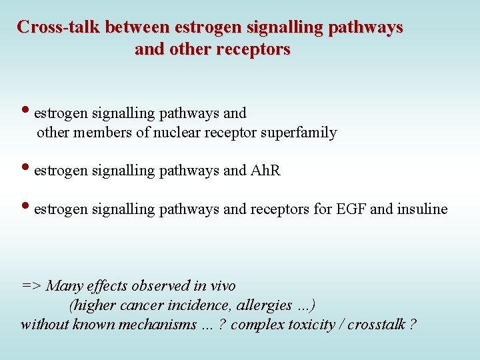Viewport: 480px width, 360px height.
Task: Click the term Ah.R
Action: [x=265, y=171]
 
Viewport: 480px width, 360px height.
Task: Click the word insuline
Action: [x=422, y=209]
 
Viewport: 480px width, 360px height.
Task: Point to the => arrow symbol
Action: [x=31, y=286]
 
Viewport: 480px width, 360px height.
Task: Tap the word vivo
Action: [x=221, y=286]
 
